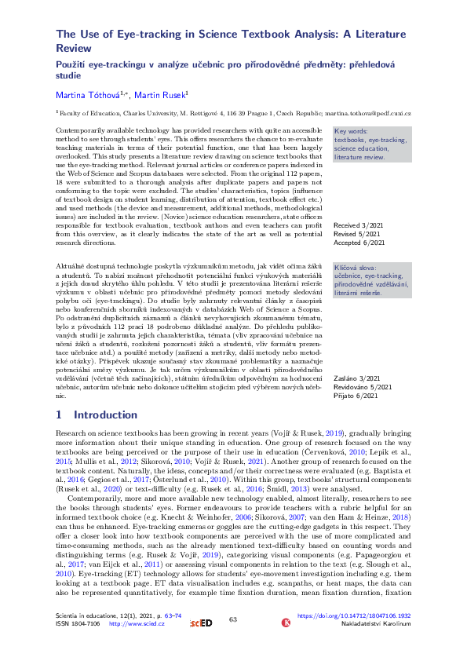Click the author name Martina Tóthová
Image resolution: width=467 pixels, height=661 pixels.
tap(82, 95)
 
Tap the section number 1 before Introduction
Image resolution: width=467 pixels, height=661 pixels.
tap(60, 414)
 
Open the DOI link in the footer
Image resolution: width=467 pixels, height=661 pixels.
tap(365, 639)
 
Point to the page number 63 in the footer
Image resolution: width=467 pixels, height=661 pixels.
tap(233, 642)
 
